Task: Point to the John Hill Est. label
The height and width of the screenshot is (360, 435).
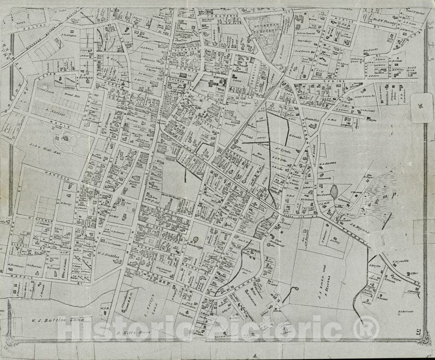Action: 40,147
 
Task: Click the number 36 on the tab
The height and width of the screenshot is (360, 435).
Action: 420,107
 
